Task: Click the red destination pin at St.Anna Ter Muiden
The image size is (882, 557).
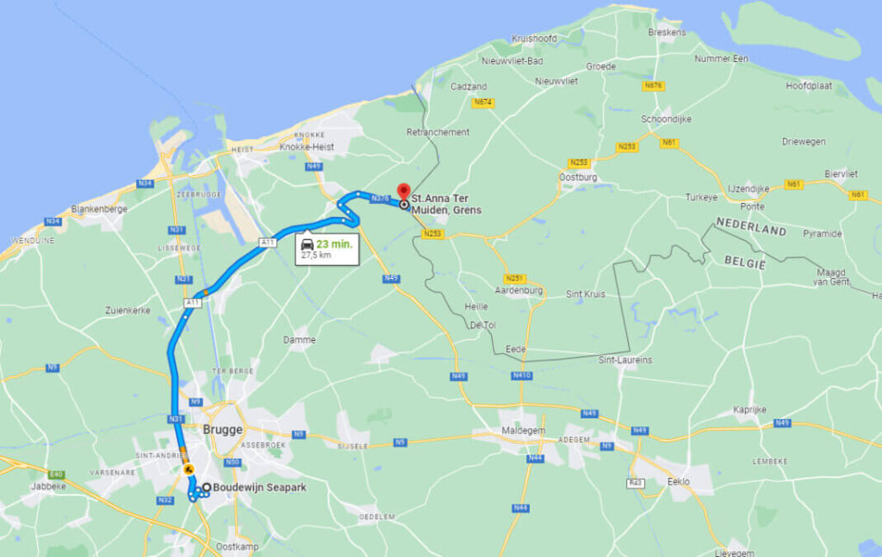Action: (x=402, y=192)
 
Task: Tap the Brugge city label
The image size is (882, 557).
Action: (x=222, y=429)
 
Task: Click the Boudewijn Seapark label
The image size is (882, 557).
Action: (x=260, y=487)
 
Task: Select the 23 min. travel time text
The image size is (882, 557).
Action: (x=334, y=244)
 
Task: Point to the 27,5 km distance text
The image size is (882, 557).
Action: (x=315, y=256)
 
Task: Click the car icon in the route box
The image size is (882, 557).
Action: (x=307, y=244)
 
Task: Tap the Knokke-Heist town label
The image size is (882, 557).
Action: (x=307, y=147)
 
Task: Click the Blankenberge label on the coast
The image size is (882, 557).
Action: (x=99, y=209)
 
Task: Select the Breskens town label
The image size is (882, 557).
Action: (x=667, y=32)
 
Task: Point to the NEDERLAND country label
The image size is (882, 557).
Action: (x=750, y=231)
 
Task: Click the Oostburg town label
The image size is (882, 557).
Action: (x=578, y=177)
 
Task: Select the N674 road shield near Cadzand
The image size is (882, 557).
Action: (x=482, y=102)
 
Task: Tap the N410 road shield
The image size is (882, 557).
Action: (x=522, y=375)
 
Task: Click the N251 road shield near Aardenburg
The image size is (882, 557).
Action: (x=514, y=278)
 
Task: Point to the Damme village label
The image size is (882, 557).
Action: (x=299, y=340)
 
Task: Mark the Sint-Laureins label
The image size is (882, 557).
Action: (x=625, y=360)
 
